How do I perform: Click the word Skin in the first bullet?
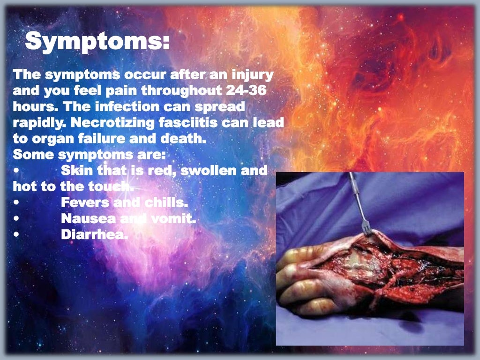click(77, 171)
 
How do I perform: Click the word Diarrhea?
click(94, 235)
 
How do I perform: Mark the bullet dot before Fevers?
click(16, 203)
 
